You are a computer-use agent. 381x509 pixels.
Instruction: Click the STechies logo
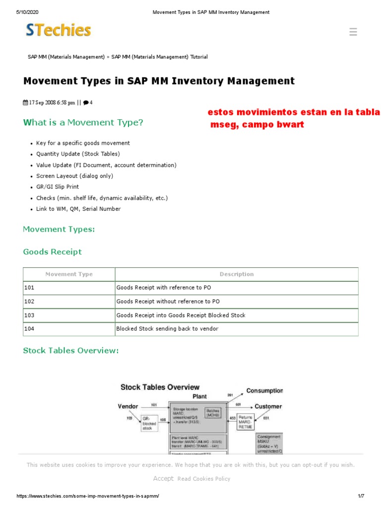pos(59,31)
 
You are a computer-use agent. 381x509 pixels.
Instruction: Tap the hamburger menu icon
pos(353,32)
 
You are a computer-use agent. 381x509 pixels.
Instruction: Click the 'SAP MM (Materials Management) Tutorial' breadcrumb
pos(159,57)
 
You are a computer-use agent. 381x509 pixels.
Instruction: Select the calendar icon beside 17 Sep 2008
pos(26,103)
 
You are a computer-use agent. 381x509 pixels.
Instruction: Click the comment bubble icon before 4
pos(86,103)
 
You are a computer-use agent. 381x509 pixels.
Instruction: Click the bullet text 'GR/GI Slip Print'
pos(58,187)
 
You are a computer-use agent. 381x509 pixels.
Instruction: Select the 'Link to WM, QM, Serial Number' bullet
pos(78,209)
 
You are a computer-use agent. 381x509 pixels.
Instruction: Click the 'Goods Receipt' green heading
pos(53,252)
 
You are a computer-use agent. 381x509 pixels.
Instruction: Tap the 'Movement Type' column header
pos(69,274)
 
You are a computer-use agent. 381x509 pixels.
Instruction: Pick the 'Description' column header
pos(237,274)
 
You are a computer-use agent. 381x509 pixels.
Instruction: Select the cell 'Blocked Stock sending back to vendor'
pos(167,329)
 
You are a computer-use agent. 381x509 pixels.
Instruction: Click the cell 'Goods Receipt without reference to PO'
pos(168,301)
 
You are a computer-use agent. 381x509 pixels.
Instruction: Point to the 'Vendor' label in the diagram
pos(127,406)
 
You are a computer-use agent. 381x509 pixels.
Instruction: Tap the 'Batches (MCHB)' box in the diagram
pos(213,412)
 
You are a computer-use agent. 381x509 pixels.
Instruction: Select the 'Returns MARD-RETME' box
pos(245,422)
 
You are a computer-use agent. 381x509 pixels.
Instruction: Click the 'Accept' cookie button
pos(163,478)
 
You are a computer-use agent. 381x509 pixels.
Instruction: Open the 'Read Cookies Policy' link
pos(203,479)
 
